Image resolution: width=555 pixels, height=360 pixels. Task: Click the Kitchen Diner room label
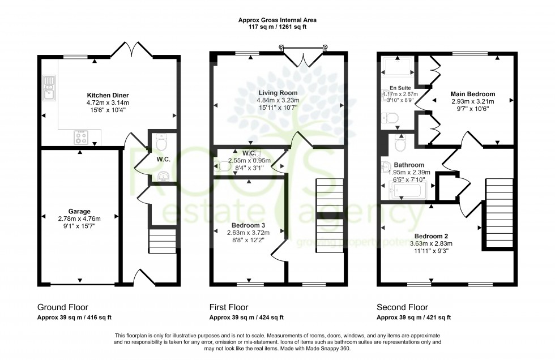click(108, 95)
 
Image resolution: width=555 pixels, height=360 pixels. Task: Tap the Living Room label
click(278, 92)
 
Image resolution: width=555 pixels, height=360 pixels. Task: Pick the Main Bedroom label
click(472, 94)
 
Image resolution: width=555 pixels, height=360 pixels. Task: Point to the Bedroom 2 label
click(431, 236)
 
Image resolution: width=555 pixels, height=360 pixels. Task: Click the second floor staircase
click(499, 212)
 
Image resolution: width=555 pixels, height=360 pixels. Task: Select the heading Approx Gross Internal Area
click(277, 20)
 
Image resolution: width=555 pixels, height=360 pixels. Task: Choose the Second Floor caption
click(403, 307)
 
